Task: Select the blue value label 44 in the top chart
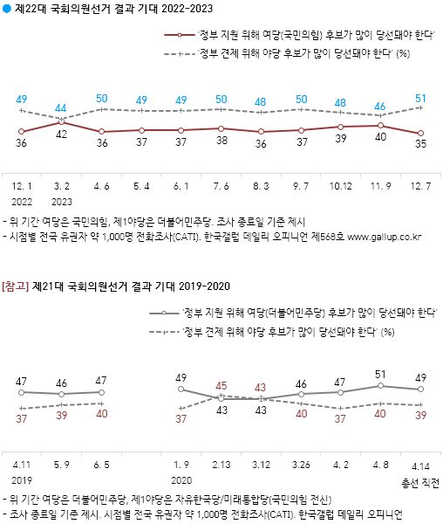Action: click(60, 108)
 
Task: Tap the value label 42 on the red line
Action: click(60, 134)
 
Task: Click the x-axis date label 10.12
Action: click(340, 187)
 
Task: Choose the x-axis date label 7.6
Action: click(221, 187)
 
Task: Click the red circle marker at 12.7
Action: click(420, 134)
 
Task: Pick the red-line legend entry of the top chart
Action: click(301, 35)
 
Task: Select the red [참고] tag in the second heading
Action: click(17, 286)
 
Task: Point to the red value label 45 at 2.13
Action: click(221, 385)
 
